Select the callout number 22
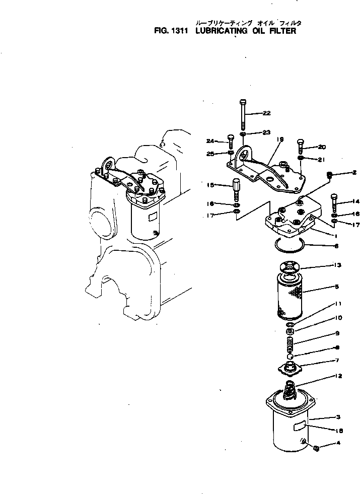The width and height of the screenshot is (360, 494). pyautogui.click(x=266, y=113)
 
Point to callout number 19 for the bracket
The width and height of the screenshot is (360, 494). pyautogui.click(x=280, y=139)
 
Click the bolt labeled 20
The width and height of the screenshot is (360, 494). pyautogui.click(x=300, y=146)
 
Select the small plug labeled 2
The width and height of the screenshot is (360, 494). pyautogui.click(x=329, y=175)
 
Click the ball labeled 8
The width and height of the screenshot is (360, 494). pyautogui.click(x=290, y=358)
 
